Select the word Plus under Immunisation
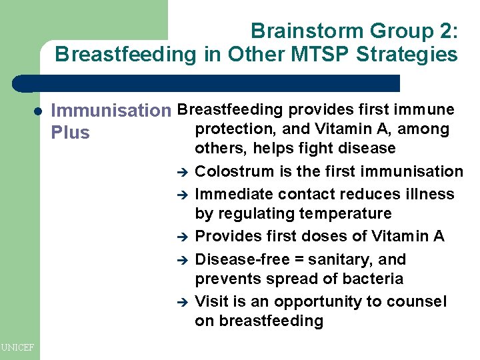(70, 133)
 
